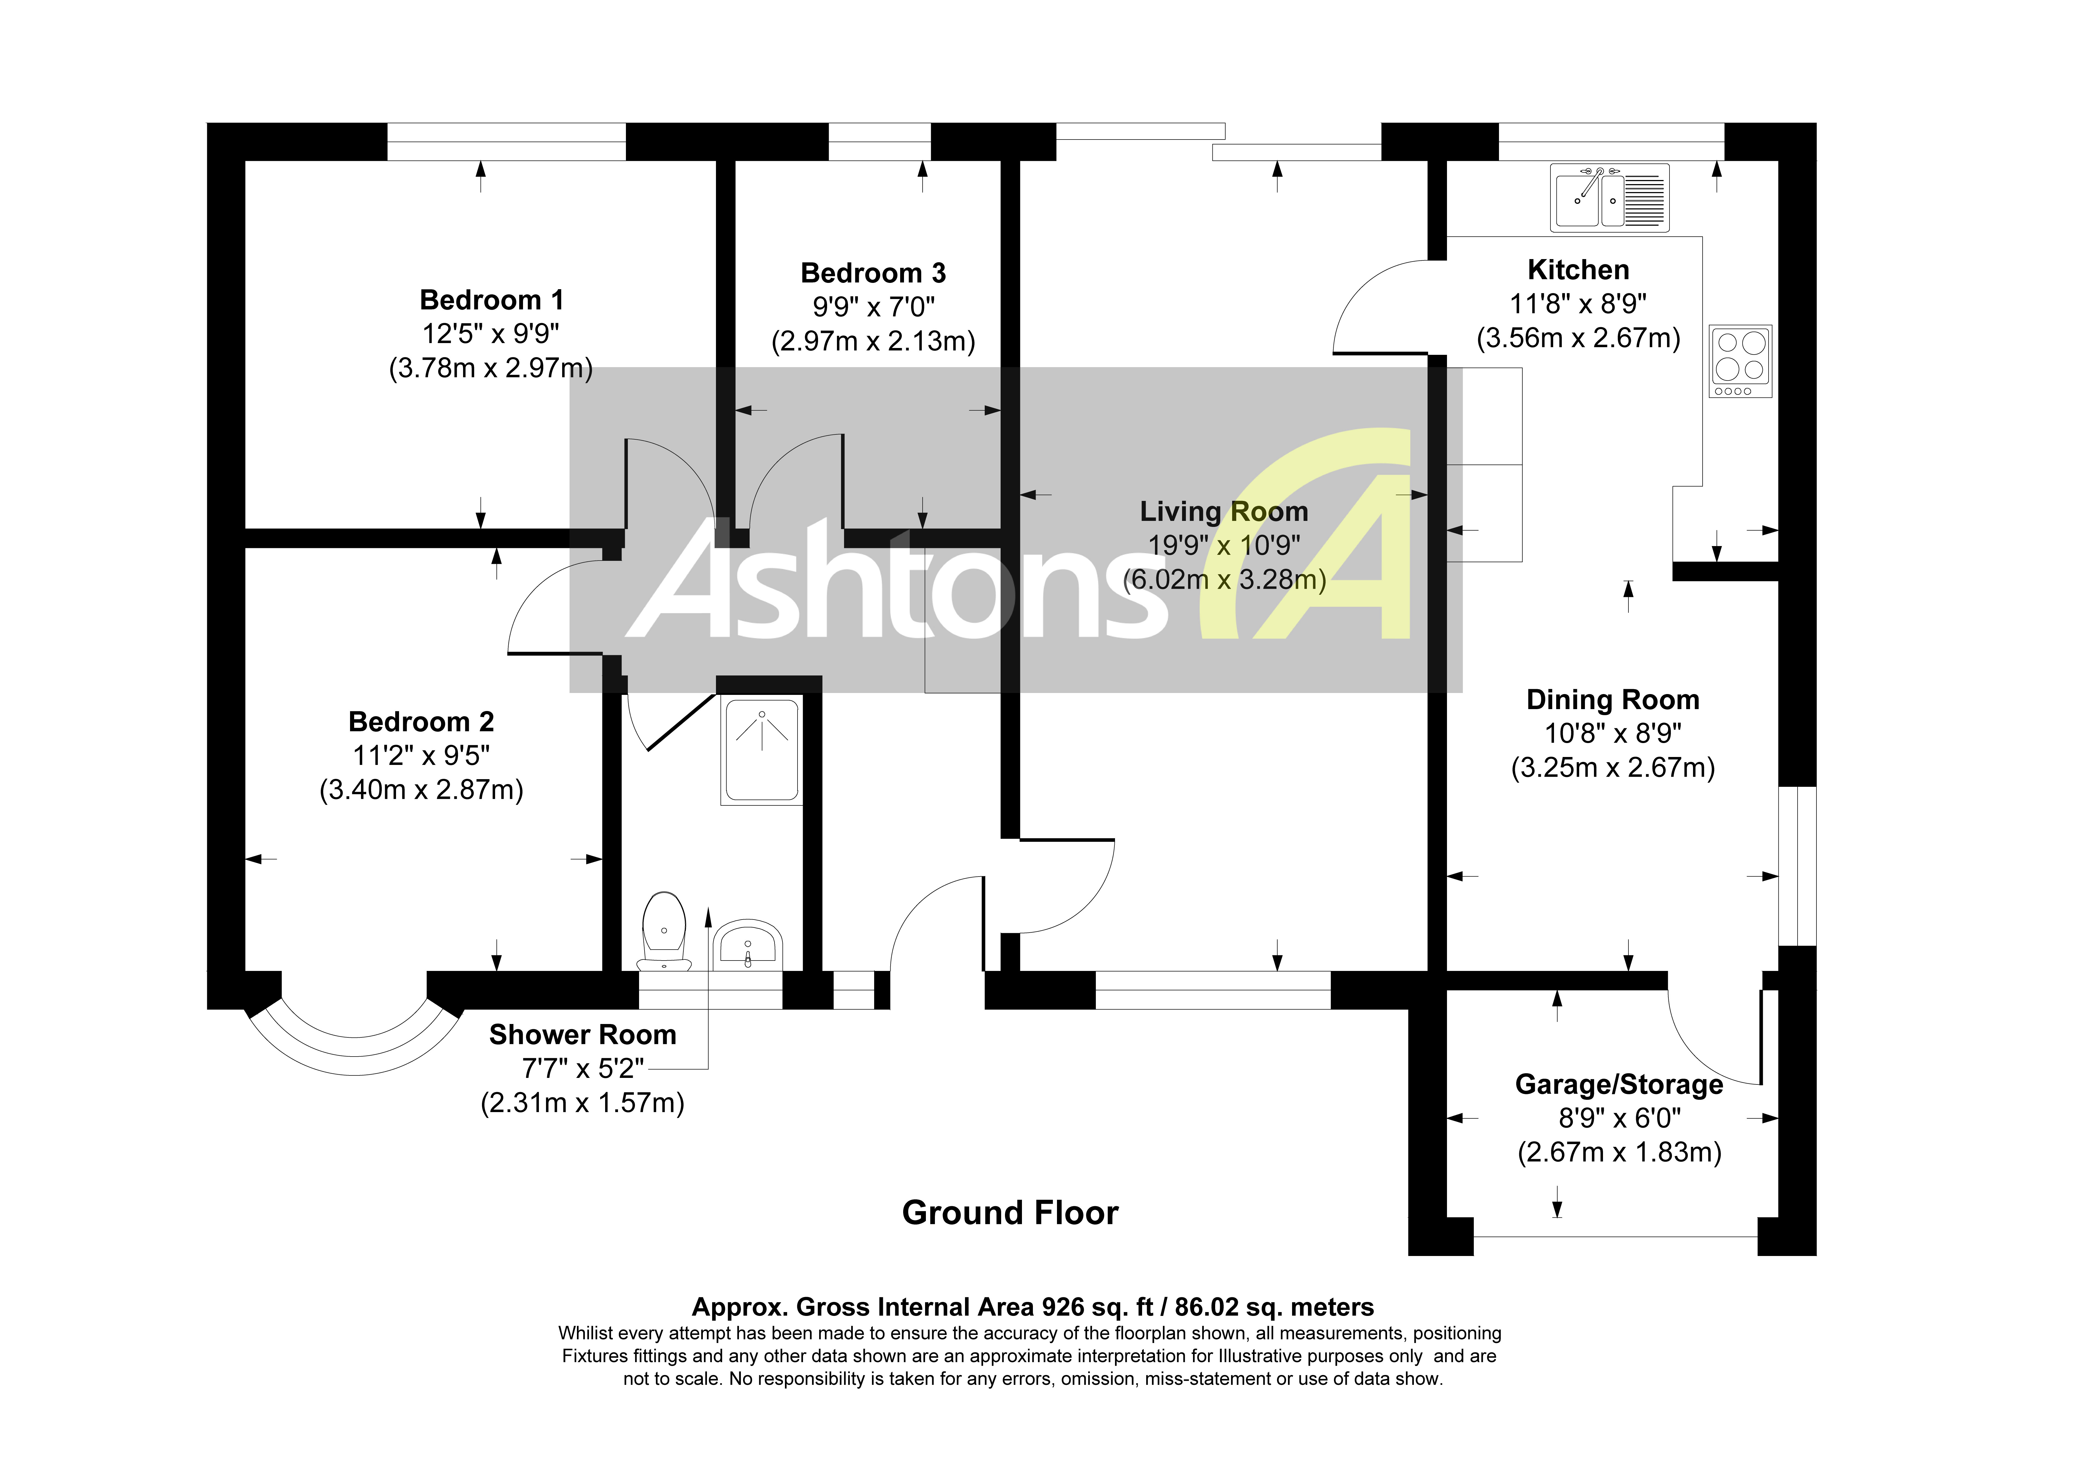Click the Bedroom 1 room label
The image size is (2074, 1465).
click(491, 300)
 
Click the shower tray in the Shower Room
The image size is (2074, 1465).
click(761, 750)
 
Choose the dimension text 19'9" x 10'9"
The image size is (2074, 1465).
click(1224, 546)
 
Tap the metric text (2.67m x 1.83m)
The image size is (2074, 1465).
click(1619, 1153)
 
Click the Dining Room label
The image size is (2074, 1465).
click(1612, 700)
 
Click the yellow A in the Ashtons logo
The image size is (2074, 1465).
click(1319, 542)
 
